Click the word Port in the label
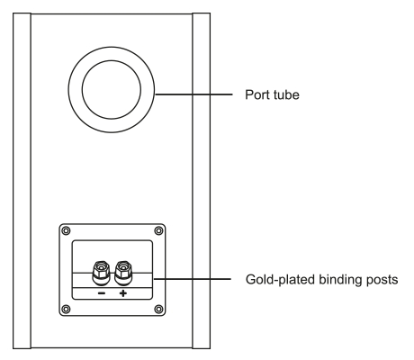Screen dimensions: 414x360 click(256, 94)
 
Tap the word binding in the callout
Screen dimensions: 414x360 click(339, 280)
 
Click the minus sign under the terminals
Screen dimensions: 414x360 click(102, 293)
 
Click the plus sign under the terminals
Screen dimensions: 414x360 click(123, 293)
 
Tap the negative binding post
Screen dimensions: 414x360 click(101, 273)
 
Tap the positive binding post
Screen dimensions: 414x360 click(123, 273)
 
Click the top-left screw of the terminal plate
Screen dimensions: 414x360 click(66, 230)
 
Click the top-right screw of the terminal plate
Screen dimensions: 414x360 click(158, 230)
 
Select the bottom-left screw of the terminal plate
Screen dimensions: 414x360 click(66, 309)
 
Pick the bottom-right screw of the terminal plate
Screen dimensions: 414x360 click(158, 309)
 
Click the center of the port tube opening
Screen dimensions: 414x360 click(112, 90)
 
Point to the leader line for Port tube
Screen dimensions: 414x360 click(193, 94)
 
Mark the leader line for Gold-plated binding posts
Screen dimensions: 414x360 click(193, 279)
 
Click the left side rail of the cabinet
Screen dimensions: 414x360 click(22, 181)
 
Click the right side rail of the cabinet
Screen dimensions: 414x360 click(201, 181)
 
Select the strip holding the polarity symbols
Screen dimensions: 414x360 click(112, 293)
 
